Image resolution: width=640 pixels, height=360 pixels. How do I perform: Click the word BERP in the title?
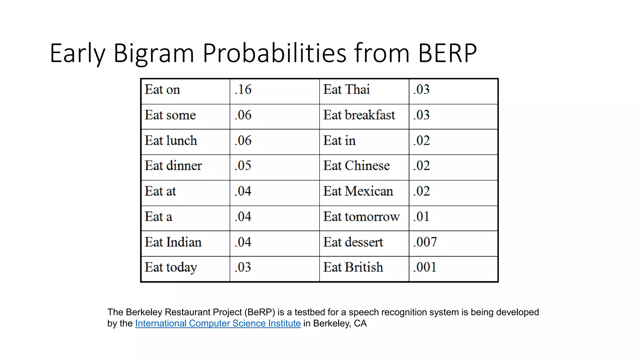tap(447, 53)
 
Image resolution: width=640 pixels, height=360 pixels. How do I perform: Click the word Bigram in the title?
tap(153, 53)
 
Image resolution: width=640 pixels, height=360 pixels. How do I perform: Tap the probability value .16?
tap(243, 90)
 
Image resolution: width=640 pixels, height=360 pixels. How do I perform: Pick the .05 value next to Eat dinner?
tap(243, 166)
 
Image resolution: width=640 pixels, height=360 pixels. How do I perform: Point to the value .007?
tap(425, 242)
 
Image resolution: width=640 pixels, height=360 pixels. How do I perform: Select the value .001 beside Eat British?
tap(424, 267)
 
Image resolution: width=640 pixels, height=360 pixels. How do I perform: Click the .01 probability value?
tap(421, 217)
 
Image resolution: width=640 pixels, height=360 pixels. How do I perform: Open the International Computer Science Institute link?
tap(218, 323)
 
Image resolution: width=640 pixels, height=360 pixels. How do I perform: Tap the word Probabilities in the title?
tap(274, 53)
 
